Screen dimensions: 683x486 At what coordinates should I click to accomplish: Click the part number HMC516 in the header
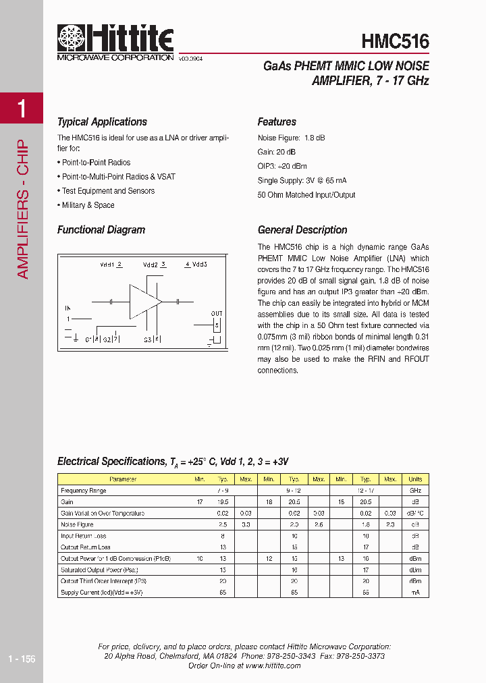pyautogui.click(x=395, y=41)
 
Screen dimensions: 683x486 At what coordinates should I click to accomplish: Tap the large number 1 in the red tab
pyautogui.click(x=22, y=108)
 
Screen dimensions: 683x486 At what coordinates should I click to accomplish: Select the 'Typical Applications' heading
pyautogui.click(x=102, y=122)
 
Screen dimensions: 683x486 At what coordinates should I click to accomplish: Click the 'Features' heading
pyautogui.click(x=277, y=122)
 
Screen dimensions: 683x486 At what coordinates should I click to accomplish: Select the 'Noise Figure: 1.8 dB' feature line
pyautogui.click(x=291, y=138)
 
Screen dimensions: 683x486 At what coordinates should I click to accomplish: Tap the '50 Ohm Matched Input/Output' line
pyautogui.click(x=306, y=195)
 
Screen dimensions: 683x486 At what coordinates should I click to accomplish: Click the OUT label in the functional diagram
pyautogui.click(x=216, y=314)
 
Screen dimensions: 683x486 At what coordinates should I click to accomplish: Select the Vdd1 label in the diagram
pyautogui.click(x=107, y=265)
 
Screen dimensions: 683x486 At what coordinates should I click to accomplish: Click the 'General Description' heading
pyautogui.click(x=302, y=230)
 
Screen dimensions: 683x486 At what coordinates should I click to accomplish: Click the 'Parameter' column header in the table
pyautogui.click(x=123, y=479)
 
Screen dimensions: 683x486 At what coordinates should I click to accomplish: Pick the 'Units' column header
pyautogui.click(x=414, y=479)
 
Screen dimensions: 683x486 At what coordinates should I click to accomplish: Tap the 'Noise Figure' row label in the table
pyautogui.click(x=77, y=524)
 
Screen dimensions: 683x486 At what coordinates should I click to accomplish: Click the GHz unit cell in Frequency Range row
pyautogui.click(x=414, y=491)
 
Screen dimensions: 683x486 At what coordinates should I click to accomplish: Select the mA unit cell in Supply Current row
pyautogui.click(x=414, y=593)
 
